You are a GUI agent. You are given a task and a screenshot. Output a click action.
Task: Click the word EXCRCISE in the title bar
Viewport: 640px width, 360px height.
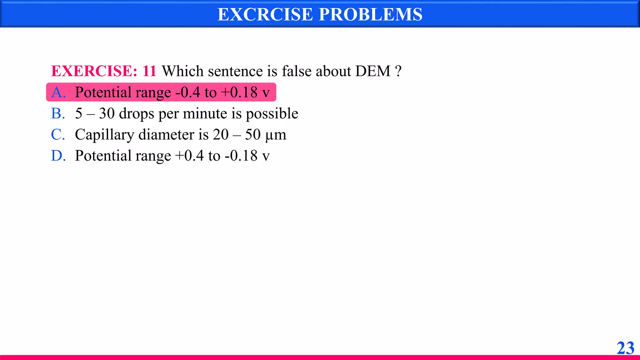coord(265,14)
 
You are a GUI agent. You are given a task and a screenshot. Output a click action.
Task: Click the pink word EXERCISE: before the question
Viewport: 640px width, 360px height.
coord(94,71)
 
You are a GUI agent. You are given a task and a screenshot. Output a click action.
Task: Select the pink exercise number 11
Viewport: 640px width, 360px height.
coord(149,71)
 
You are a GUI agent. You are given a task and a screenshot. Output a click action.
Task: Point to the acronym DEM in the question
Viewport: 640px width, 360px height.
coord(373,71)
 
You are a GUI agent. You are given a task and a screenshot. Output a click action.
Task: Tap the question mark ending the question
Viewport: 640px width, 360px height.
coord(398,71)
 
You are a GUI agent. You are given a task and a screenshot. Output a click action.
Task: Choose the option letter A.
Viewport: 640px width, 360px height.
coord(58,92)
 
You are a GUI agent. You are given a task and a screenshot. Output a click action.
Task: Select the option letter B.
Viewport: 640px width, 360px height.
coord(58,113)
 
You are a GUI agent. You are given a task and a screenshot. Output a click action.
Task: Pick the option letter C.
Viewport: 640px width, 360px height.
coord(58,135)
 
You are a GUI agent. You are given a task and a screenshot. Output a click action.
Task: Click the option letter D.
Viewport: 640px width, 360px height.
coord(58,156)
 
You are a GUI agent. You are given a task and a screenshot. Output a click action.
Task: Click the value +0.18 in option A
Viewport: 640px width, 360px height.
coord(239,92)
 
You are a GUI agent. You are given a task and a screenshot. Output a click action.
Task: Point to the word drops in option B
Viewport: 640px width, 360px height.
coord(137,113)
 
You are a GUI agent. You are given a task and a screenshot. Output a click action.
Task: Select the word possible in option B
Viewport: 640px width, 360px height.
coord(272,113)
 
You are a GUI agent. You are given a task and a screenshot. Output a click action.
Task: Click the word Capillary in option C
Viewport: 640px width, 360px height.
coord(104,135)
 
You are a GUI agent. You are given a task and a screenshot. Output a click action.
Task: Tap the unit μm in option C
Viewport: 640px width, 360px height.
coord(276,135)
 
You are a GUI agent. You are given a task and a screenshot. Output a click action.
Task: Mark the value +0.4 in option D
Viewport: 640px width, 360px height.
coord(189,156)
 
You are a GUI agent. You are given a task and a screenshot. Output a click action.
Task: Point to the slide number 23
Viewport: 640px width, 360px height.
coord(625,348)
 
